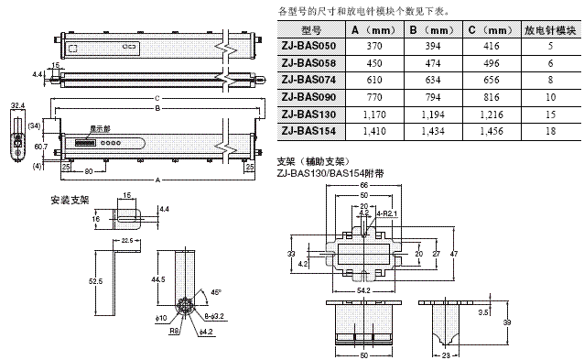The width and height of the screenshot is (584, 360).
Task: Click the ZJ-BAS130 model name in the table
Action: pos(308,114)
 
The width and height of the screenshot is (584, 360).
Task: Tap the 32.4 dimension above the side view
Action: pos(16,106)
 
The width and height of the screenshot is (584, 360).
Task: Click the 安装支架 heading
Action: pos(67,199)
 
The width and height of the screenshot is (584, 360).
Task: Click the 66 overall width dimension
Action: pos(363,186)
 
